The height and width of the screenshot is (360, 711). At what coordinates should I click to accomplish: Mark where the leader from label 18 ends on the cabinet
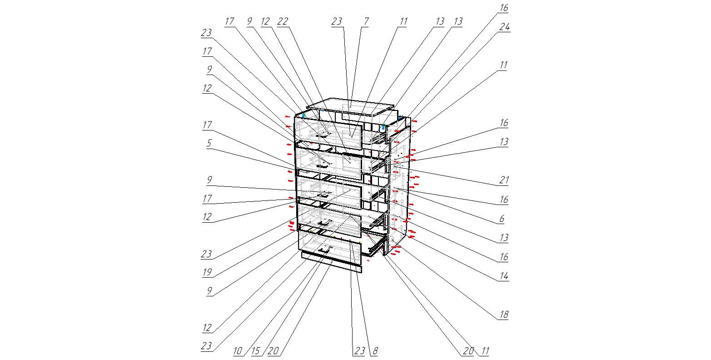(393, 240)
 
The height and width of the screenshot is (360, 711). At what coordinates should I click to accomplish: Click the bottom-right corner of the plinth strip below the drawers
(362, 273)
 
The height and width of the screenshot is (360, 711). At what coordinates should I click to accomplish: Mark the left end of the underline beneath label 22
(277, 27)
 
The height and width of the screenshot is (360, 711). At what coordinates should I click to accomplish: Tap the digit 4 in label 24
(507, 27)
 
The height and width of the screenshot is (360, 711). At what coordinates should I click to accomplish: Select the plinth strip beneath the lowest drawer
(331, 262)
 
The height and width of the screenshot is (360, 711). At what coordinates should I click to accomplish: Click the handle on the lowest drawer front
(324, 250)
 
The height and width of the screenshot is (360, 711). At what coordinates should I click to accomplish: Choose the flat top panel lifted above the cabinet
(350, 106)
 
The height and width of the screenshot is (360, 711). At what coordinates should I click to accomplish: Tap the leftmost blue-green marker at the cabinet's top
(303, 115)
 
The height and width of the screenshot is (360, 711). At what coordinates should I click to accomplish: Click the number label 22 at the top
(283, 21)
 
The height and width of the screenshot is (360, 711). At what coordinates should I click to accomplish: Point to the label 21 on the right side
(504, 180)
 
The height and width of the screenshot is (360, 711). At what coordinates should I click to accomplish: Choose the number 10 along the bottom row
(238, 351)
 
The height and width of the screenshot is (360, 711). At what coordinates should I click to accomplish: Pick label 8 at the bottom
(375, 351)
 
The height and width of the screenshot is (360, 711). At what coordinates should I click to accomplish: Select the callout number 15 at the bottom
(255, 351)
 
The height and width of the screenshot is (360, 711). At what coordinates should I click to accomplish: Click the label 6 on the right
(502, 219)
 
